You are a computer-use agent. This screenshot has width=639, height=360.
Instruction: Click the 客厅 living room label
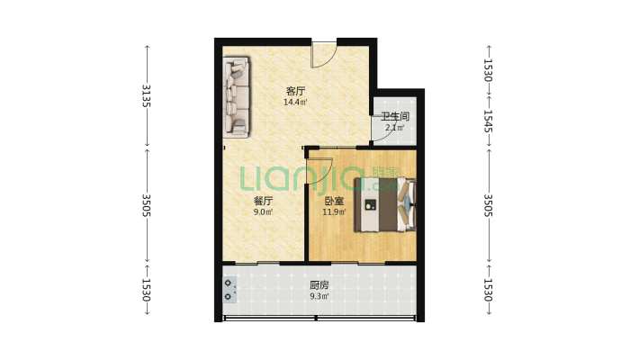tap(295, 91)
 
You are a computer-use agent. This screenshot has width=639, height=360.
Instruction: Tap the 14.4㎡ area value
tap(295, 102)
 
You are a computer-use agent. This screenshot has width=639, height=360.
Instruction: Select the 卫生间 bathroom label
tap(394, 117)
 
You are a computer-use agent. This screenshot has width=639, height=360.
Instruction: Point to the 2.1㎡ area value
tap(394, 128)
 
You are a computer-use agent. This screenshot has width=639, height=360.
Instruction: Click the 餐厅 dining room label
tap(263, 201)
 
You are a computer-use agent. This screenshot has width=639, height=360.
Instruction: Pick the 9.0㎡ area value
tap(263, 212)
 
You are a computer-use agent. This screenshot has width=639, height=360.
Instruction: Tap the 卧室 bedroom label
tap(334, 201)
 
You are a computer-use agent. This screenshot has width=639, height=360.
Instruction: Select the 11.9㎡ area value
tap(334, 212)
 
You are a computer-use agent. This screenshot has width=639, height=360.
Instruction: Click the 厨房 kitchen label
tap(319, 285)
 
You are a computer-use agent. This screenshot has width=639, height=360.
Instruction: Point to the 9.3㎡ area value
tap(319, 296)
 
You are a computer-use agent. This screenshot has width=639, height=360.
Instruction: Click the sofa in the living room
tap(237, 97)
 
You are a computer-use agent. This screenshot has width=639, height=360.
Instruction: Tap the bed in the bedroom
tap(385, 204)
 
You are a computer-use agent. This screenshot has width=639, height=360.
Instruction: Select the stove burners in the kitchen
tap(229, 290)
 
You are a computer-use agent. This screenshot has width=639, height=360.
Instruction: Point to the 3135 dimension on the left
tap(147, 95)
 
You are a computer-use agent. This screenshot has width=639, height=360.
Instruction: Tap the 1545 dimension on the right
tap(488, 121)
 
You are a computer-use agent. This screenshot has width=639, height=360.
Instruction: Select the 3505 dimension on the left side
tap(147, 205)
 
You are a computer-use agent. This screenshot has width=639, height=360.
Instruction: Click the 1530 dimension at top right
tap(488, 70)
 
